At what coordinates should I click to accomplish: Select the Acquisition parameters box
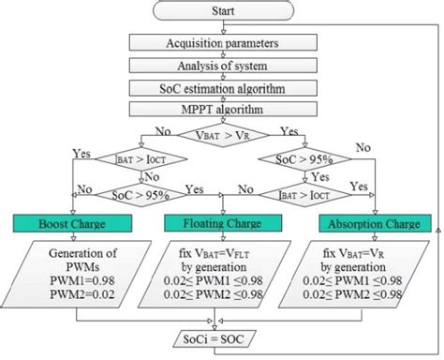click(222, 43)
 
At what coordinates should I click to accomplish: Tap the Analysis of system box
click(222, 67)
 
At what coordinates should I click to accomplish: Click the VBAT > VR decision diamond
click(222, 135)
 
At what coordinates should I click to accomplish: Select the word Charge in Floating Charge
click(251, 225)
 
